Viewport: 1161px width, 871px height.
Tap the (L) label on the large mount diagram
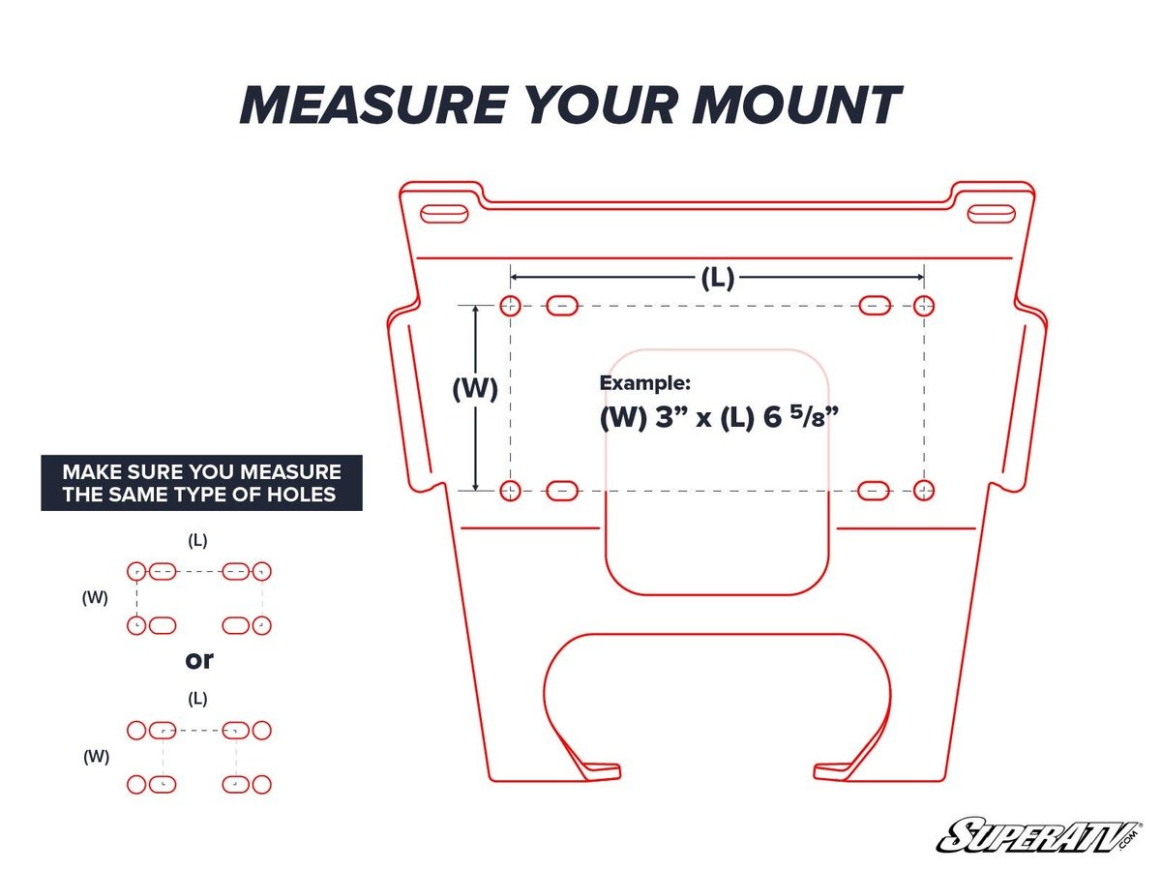[x=717, y=279]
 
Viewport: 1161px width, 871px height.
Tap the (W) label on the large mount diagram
[x=475, y=389]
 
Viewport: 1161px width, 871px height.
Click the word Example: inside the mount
[x=645, y=382]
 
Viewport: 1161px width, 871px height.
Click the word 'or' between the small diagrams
[x=198, y=660]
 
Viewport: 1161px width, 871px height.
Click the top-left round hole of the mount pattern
[x=510, y=306]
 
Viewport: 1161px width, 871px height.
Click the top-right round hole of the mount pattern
[x=924, y=306]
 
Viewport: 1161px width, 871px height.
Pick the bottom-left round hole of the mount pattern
[x=510, y=490]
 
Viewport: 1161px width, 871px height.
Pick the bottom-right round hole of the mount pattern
[x=924, y=490]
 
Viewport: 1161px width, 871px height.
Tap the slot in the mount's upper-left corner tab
[x=444, y=214]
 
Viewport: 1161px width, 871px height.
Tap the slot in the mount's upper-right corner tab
[x=991, y=214]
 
